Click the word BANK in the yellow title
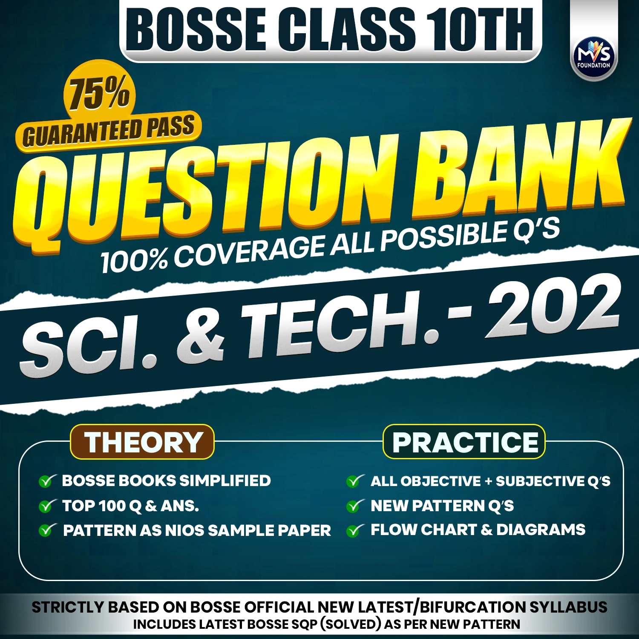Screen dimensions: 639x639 [520, 166]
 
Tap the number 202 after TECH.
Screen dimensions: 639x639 [554, 307]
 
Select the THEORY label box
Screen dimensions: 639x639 [142, 442]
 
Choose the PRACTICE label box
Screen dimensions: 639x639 [464, 442]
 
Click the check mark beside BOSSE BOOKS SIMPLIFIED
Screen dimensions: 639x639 [46, 481]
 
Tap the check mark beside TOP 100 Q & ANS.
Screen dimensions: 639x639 [46, 506]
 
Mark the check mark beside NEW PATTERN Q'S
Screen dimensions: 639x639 [354, 506]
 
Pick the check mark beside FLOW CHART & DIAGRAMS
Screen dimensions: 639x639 [354, 530]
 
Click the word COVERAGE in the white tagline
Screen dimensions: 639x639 [249, 252]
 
